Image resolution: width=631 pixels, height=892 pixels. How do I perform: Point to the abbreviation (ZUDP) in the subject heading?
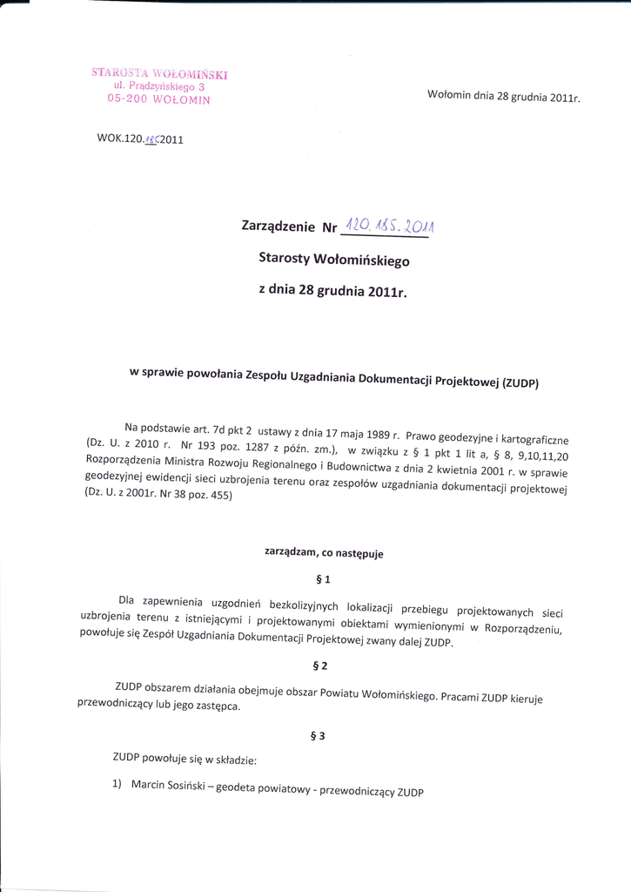(x=520, y=383)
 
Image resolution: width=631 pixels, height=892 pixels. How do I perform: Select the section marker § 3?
(x=317, y=736)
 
